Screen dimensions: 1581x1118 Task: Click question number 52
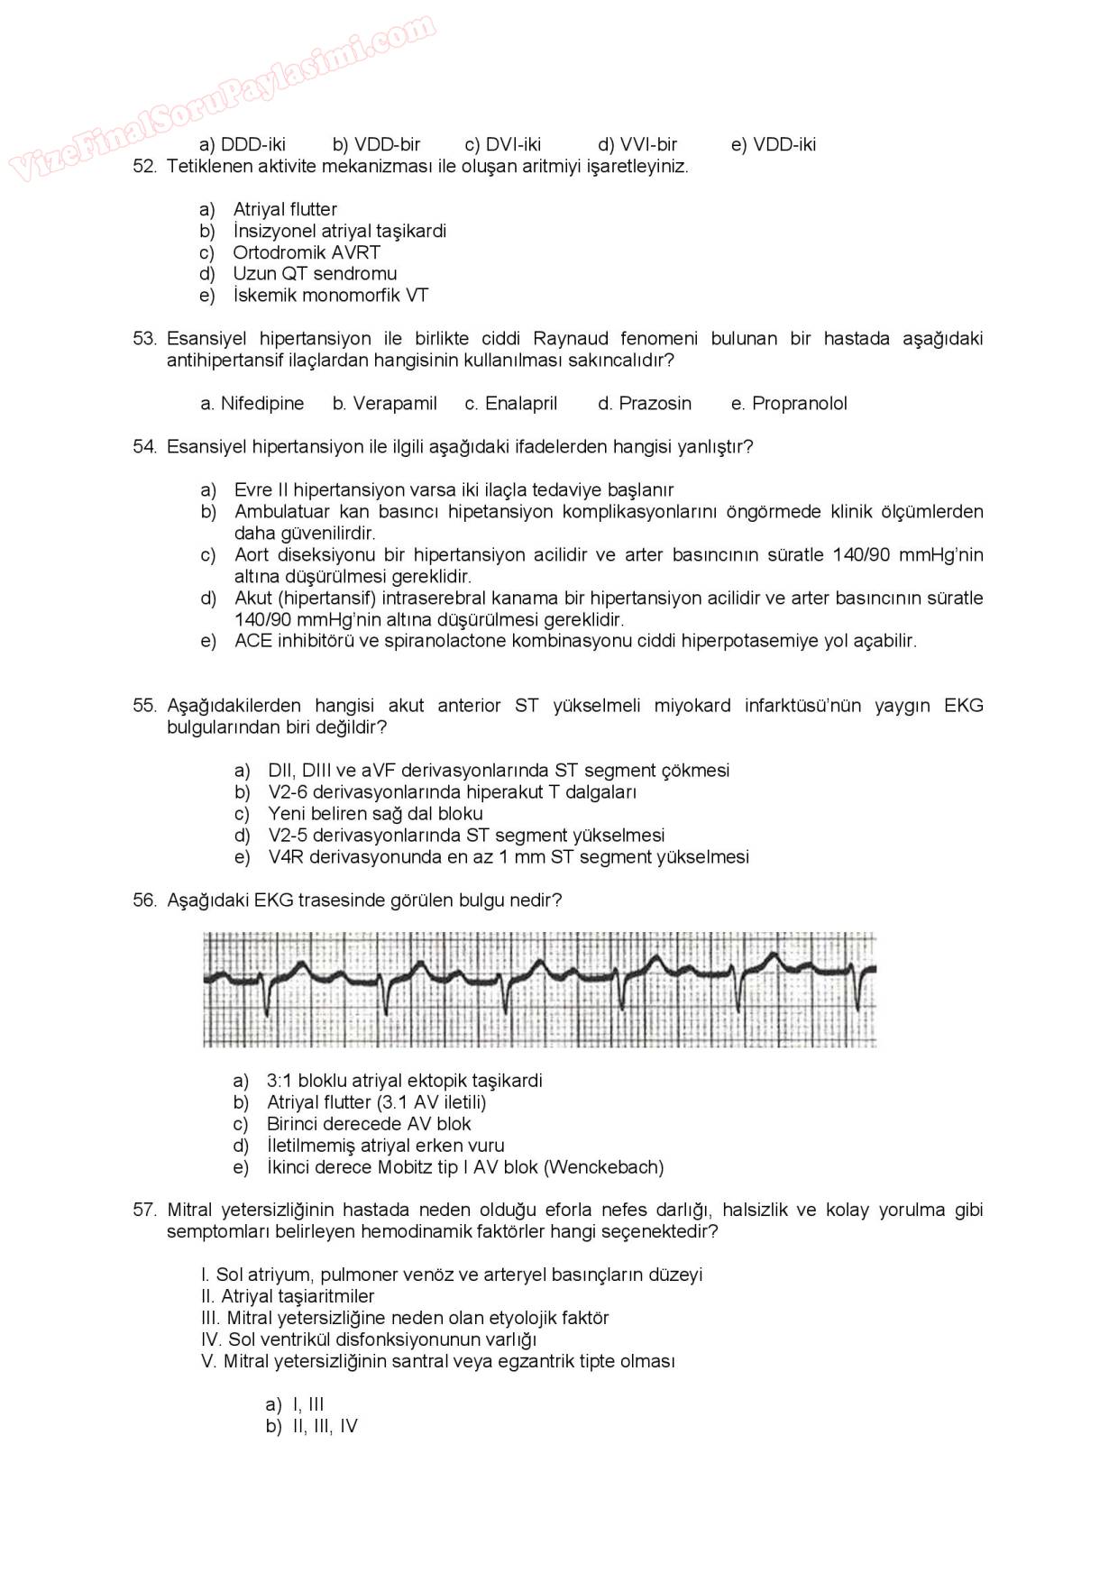click(x=144, y=167)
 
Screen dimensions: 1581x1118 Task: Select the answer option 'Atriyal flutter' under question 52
click(x=285, y=209)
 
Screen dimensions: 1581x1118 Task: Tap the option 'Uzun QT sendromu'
click(x=315, y=273)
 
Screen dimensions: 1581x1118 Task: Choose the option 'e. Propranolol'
click(x=789, y=404)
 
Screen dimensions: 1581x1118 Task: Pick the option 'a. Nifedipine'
click(x=252, y=404)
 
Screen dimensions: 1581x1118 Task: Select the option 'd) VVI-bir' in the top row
click(x=637, y=144)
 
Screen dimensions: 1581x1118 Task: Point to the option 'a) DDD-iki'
click(x=243, y=144)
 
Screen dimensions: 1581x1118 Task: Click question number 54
click(x=144, y=446)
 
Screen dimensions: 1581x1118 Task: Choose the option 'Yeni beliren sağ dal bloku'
click(x=375, y=813)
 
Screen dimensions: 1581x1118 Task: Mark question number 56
click(x=144, y=900)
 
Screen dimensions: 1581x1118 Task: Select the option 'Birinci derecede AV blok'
click(x=369, y=1124)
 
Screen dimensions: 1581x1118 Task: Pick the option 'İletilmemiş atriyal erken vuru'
click(x=385, y=1146)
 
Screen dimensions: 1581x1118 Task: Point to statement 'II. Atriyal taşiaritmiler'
click(x=288, y=1296)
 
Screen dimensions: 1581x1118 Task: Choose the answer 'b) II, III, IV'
click(x=312, y=1426)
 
